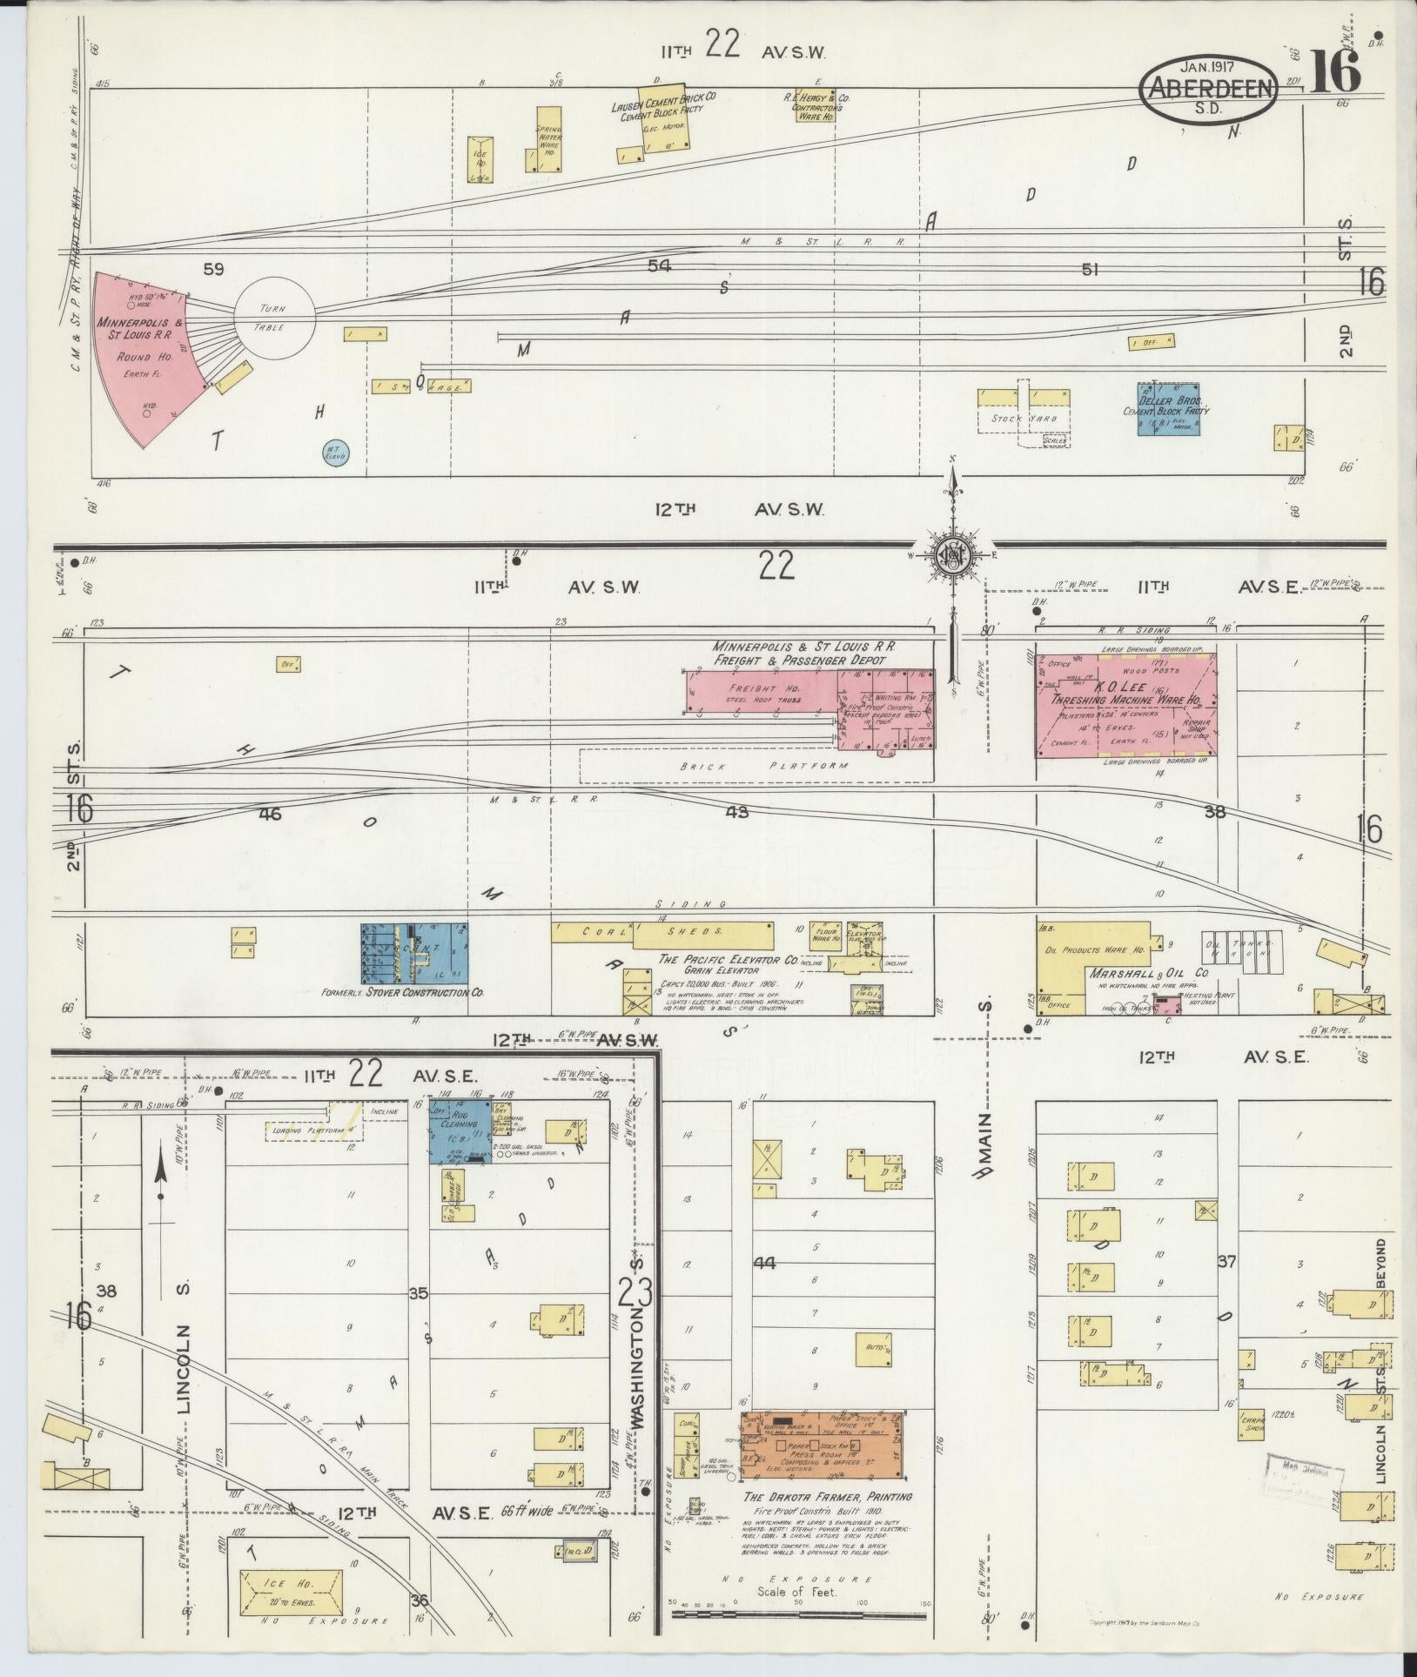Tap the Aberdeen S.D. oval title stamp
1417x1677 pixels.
tap(1210, 88)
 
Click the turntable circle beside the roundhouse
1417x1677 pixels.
tap(276, 318)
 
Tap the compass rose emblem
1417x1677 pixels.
tap(953, 554)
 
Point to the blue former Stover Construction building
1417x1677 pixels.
tap(413, 953)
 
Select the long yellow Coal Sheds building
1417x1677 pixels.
tap(661, 935)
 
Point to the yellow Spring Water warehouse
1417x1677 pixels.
tap(548, 138)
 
